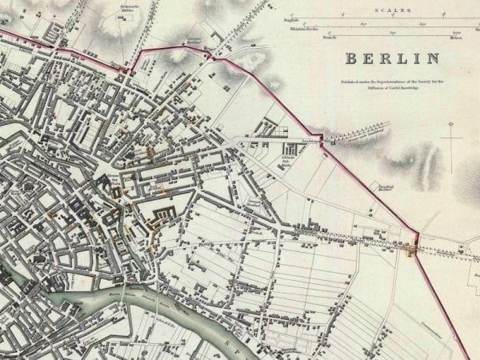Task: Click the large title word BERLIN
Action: coord(392,58)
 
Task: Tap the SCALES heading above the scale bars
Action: coord(396,10)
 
